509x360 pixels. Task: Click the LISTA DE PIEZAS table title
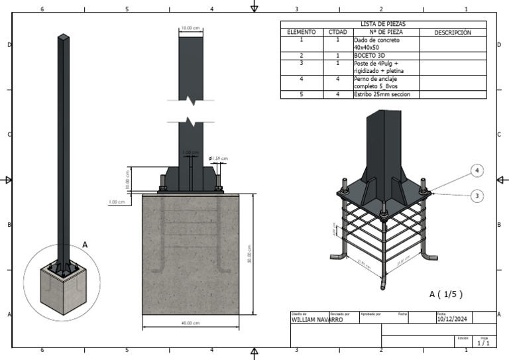pos(383,24)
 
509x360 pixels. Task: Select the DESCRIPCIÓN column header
pos(453,32)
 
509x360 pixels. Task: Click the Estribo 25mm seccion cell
pos(382,94)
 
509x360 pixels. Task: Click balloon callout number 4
pos(477,170)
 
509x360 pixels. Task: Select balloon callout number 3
pos(477,195)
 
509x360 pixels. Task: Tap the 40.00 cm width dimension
pos(192,323)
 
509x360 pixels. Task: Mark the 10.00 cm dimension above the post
pos(190,29)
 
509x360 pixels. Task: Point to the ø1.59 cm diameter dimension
pos(218,158)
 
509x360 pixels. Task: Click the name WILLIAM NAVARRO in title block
pos(317,320)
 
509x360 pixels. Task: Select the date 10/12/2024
pos(453,319)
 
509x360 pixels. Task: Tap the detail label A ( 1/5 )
pos(446,294)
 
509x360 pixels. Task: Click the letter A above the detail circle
pos(84,245)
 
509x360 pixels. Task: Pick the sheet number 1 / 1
pos(483,343)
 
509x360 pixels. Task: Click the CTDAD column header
pos(338,32)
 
